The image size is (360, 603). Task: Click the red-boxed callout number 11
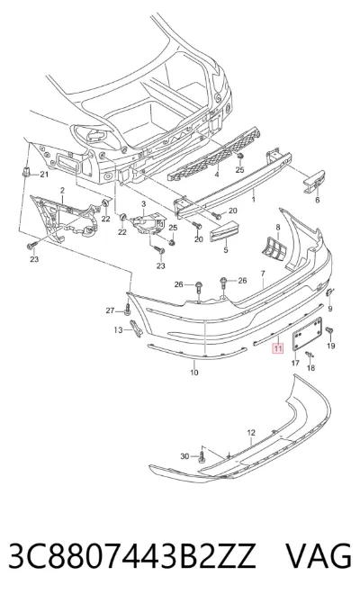click(277, 349)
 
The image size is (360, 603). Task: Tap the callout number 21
click(45, 175)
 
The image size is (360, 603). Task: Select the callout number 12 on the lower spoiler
click(251, 433)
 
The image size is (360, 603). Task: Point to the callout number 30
click(185, 456)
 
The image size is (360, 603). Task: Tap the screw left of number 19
click(329, 330)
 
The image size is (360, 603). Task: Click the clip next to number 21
click(26, 172)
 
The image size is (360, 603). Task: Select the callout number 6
click(318, 200)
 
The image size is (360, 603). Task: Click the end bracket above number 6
click(315, 181)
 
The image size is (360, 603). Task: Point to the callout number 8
click(278, 227)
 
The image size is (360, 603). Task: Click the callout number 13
click(118, 329)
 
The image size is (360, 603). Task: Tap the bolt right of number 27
click(127, 309)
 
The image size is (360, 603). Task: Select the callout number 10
click(194, 372)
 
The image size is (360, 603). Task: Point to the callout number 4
click(217, 175)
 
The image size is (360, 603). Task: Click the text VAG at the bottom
click(319, 555)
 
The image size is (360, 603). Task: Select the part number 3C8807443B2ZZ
click(132, 555)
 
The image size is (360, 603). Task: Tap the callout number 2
click(62, 191)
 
